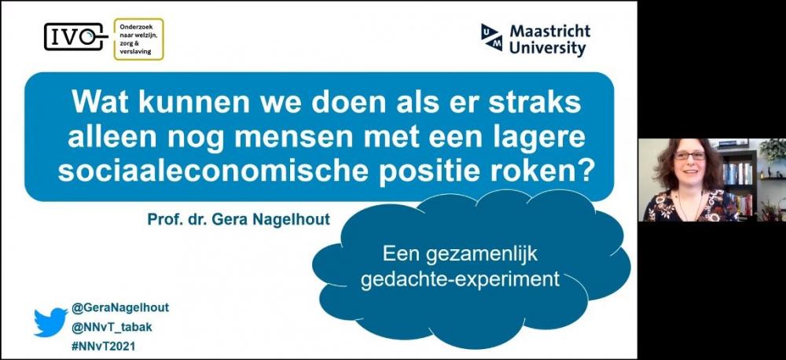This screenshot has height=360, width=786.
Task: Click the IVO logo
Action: [x=75, y=37]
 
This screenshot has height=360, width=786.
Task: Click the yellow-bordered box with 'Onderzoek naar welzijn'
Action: [x=139, y=39]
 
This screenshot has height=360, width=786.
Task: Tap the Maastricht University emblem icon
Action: [x=492, y=38]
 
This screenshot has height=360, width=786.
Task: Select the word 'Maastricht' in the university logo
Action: [x=550, y=31]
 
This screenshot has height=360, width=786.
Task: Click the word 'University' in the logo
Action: [x=547, y=48]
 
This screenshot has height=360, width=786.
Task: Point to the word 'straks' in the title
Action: [x=535, y=101]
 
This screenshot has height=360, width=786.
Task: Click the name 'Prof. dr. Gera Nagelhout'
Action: [x=239, y=219]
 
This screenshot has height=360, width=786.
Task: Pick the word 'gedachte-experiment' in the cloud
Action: [x=460, y=279]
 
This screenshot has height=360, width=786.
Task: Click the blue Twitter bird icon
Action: [x=50, y=322]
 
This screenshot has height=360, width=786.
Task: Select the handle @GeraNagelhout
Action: [x=120, y=307]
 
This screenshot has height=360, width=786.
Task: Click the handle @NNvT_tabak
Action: [x=112, y=328]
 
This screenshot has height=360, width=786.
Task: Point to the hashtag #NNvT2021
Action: [x=104, y=346]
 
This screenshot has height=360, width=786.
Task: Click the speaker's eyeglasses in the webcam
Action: [x=689, y=156]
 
